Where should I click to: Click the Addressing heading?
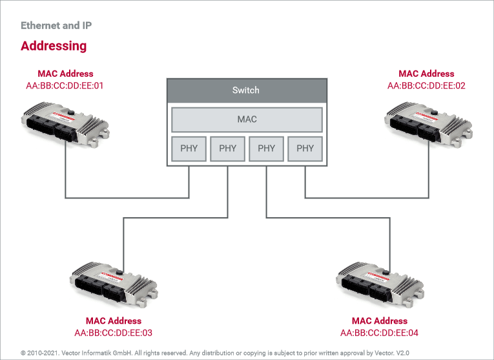pyautogui.click(x=54, y=46)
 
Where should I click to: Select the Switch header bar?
pyautogui.click(x=245, y=90)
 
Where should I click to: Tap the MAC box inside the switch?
pyautogui.click(x=247, y=120)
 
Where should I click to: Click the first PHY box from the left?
pyautogui.click(x=189, y=149)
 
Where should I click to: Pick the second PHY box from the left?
pyautogui.click(x=228, y=149)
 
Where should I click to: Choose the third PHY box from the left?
pyautogui.click(x=266, y=149)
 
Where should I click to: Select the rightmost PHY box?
pyautogui.click(x=305, y=149)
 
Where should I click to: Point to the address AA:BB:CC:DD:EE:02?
pyautogui.click(x=426, y=86)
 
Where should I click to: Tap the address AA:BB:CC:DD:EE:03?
pyautogui.click(x=113, y=333)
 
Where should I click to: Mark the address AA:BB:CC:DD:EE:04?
pyautogui.click(x=379, y=333)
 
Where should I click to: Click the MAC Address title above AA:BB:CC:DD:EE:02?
pyautogui.click(x=426, y=74)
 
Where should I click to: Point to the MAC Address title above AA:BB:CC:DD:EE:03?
pyautogui.click(x=113, y=321)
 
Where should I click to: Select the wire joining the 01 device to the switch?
pyautogui.click(x=129, y=197)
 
